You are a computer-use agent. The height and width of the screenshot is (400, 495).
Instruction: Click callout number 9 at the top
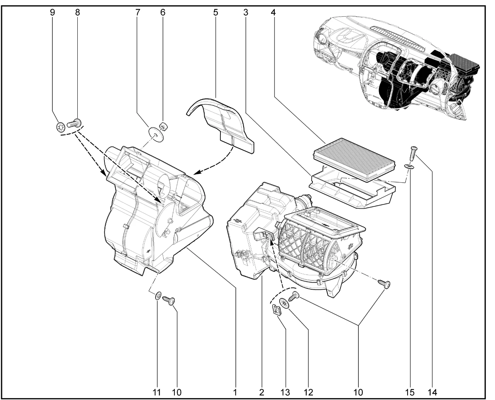[52, 12]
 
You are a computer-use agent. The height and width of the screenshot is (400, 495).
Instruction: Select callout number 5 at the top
[215, 12]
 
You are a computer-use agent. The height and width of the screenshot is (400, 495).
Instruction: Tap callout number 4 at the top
[273, 12]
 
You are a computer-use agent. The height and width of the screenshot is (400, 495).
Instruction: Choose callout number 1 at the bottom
[235, 392]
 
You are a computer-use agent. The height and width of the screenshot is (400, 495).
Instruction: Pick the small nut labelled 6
[163, 126]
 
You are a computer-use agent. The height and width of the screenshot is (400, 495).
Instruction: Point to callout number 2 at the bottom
[262, 392]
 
